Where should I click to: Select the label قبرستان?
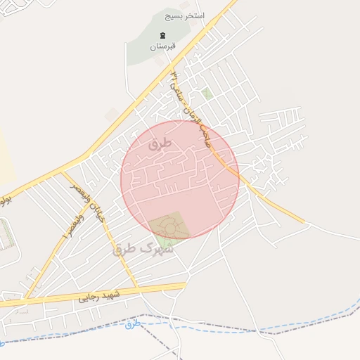(162, 46)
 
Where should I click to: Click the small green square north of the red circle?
(207, 93)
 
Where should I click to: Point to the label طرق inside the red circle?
(160, 143)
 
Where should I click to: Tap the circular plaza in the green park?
(169, 226)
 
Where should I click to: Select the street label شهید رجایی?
(98, 295)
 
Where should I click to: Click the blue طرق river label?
(133, 324)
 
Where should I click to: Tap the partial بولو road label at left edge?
(6, 200)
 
